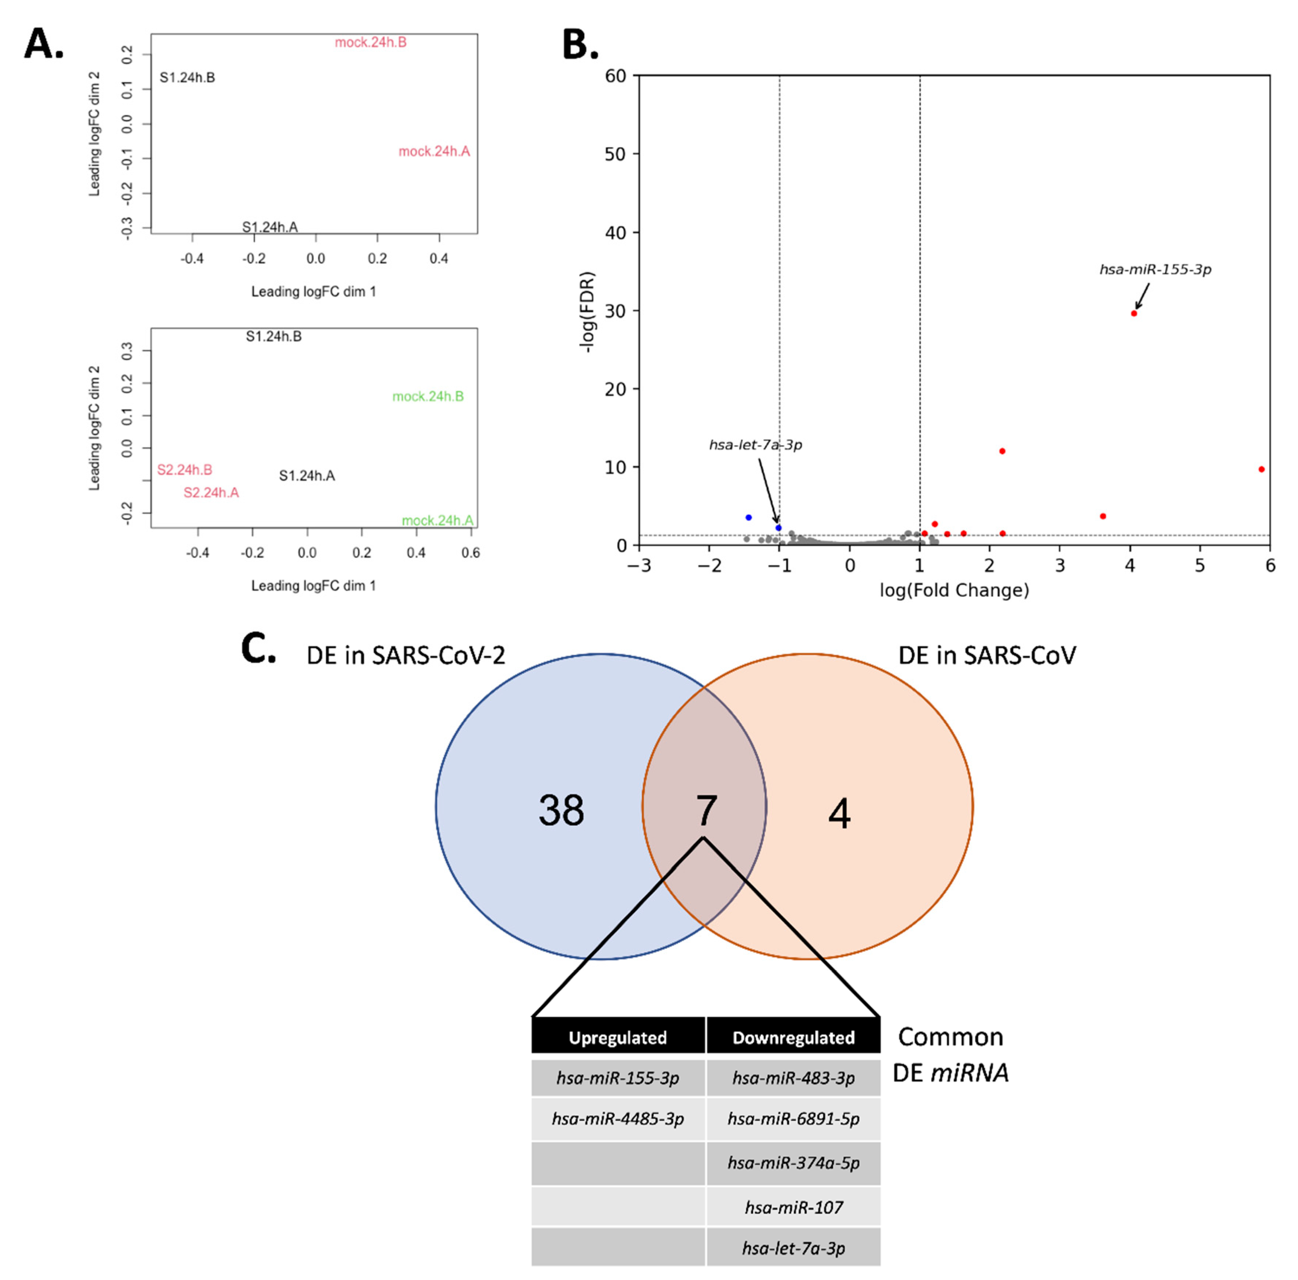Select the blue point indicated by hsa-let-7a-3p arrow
pyautogui.click(x=779, y=528)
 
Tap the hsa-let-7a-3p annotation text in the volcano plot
pyautogui.click(x=755, y=445)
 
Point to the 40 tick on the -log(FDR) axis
pyautogui.click(x=615, y=232)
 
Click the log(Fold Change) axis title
pyautogui.click(x=954, y=591)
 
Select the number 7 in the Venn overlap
pyautogui.click(x=706, y=810)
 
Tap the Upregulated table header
pyautogui.click(x=617, y=1037)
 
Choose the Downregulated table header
pyautogui.click(x=794, y=1037)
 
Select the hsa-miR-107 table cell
pyautogui.click(x=794, y=1207)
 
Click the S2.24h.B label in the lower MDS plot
pyautogui.click(x=185, y=470)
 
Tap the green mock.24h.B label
pyautogui.click(x=428, y=396)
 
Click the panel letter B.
pyautogui.click(x=579, y=45)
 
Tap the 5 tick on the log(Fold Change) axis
pyautogui.click(x=1200, y=566)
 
